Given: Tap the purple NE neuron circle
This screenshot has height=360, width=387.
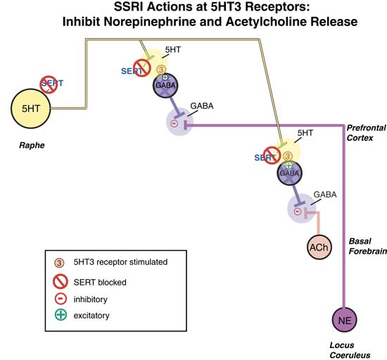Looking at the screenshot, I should [345, 319].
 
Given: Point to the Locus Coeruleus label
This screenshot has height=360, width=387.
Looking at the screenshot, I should [348, 349].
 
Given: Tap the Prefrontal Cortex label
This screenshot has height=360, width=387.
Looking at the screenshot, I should [364, 132].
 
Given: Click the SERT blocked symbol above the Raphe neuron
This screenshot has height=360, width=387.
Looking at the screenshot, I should [48, 85].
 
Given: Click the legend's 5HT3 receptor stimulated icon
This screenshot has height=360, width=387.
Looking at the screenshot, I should [61, 262].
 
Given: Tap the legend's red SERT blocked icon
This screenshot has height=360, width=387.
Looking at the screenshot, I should [61, 281].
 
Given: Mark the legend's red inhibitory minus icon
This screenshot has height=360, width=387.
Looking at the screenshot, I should [61, 298].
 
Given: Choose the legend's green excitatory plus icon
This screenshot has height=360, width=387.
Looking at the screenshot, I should [61, 315].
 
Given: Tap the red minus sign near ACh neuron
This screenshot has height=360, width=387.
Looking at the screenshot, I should [298, 211].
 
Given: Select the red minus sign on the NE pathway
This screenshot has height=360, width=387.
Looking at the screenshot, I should [176, 125].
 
